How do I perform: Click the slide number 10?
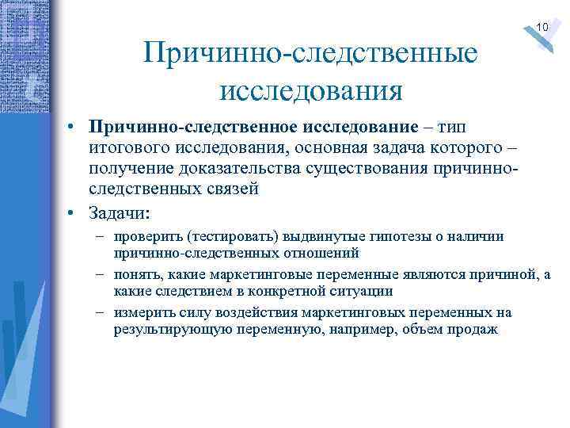(x=542, y=29)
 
